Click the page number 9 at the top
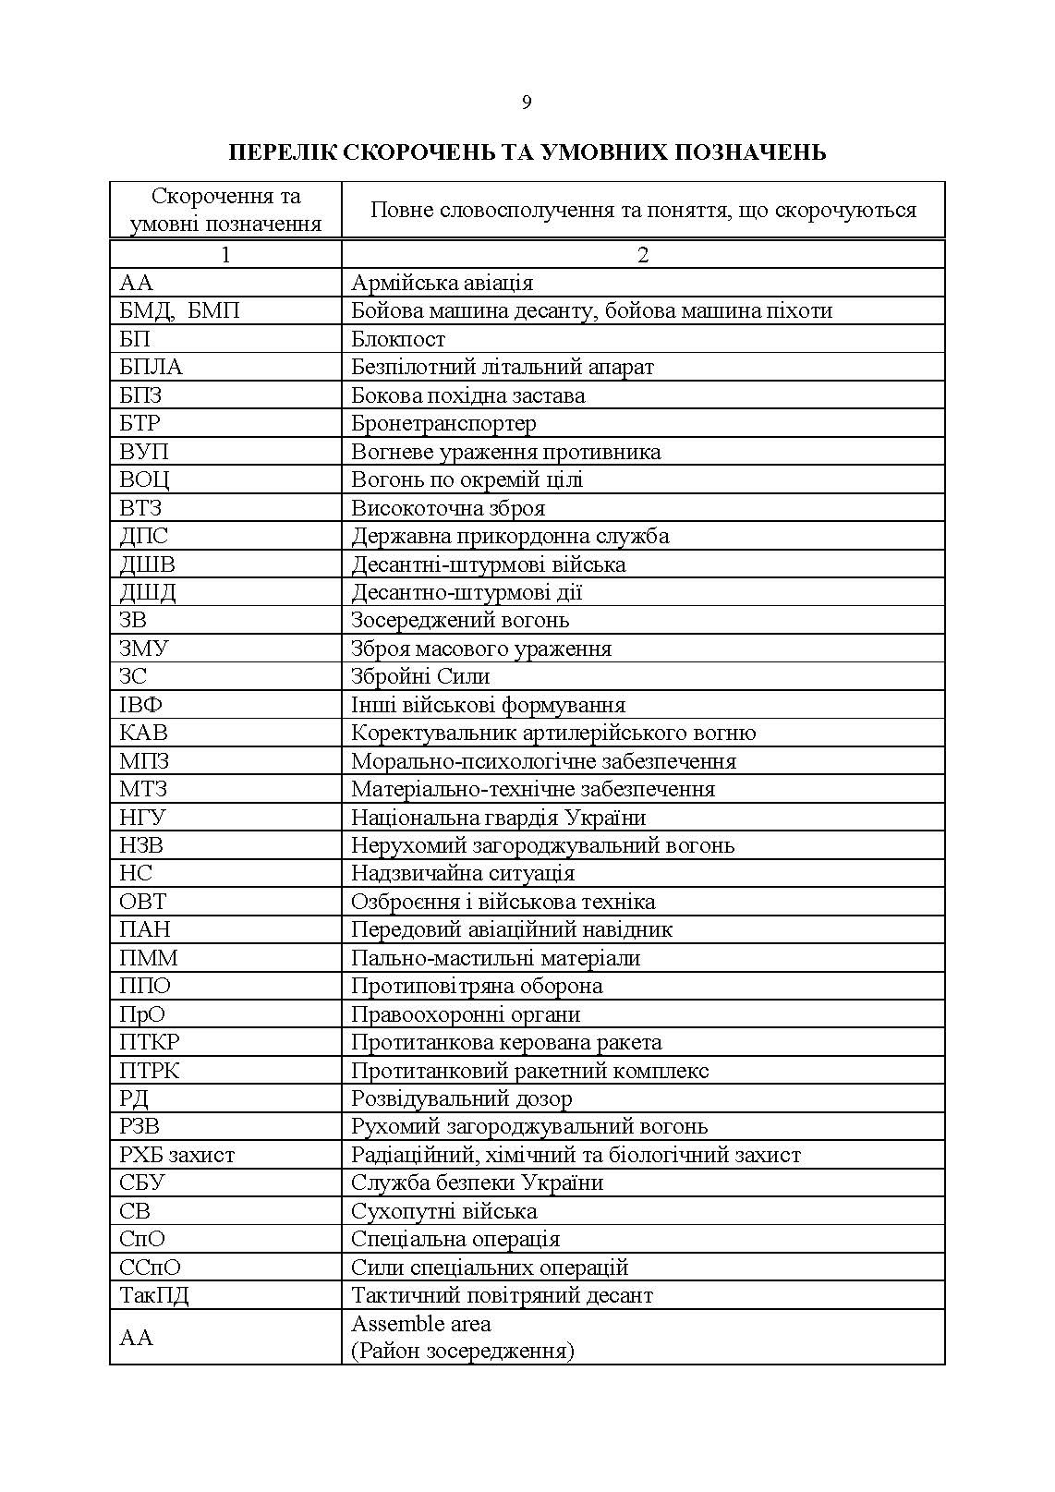tap(527, 103)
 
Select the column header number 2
tap(643, 254)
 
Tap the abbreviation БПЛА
tap(152, 367)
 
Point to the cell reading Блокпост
tap(398, 339)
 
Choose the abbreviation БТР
tap(140, 423)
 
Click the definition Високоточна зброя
tap(448, 508)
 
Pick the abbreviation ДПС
tap(144, 536)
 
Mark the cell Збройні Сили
tap(420, 676)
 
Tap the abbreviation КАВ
tap(144, 733)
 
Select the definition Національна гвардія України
tap(498, 818)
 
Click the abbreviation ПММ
tap(149, 958)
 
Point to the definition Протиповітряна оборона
tap(477, 986)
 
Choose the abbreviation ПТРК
tap(150, 1071)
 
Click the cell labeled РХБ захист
tap(177, 1155)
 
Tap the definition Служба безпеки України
tap(477, 1183)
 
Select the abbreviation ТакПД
tap(154, 1295)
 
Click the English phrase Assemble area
tap(421, 1324)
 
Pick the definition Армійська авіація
tap(442, 283)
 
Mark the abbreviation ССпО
tap(151, 1268)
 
